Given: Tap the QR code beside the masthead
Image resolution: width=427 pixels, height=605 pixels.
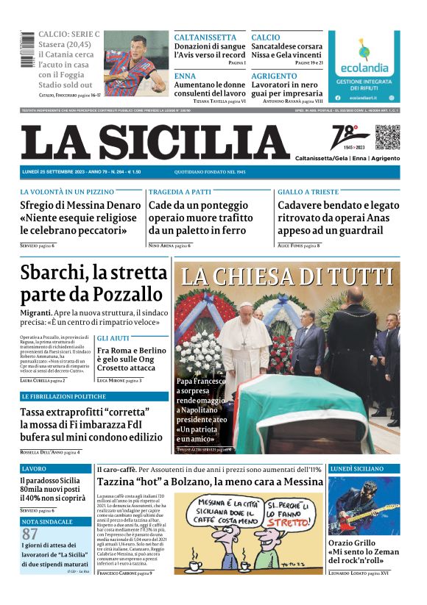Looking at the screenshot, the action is point(387,137).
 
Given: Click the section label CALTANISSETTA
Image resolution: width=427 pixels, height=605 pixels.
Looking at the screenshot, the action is point(205,37).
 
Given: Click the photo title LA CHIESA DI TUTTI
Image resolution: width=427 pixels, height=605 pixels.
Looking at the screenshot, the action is point(287,276).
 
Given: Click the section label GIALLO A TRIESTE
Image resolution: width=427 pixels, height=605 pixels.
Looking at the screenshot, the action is point(307,192).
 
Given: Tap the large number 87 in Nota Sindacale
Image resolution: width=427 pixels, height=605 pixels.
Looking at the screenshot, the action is point(30,534).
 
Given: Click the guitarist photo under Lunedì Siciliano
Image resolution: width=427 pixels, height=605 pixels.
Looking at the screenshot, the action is point(364,507).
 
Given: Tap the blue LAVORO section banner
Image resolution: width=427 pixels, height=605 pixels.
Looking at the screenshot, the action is point(55,468).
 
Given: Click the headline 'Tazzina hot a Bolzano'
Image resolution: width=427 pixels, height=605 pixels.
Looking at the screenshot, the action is point(210,482).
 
